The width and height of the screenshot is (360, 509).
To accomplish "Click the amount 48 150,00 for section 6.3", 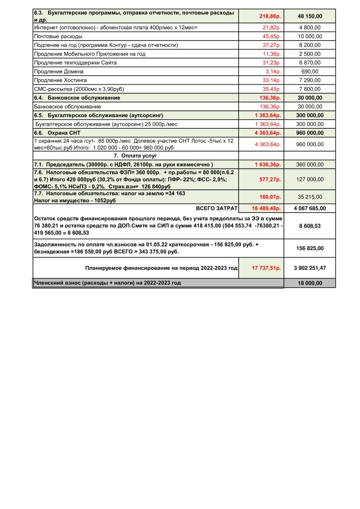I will (x=310, y=16).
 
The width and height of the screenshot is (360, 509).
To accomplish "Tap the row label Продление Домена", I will (x=58, y=71).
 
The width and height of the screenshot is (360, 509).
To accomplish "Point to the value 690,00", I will (x=310, y=71).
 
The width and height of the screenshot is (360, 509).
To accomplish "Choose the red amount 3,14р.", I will (x=273, y=71).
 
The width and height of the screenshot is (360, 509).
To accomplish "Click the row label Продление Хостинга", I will (x=60, y=80).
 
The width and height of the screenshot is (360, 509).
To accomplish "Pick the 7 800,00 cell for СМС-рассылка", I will (x=310, y=89).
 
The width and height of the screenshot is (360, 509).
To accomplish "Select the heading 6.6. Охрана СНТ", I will (x=57, y=133).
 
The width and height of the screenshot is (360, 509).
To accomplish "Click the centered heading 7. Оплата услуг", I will (x=136, y=156).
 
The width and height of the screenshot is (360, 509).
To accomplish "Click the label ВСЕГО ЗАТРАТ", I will (x=217, y=208).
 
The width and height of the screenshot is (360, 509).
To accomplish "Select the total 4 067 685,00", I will (x=310, y=208).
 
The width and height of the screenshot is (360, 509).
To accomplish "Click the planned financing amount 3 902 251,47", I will (x=310, y=268).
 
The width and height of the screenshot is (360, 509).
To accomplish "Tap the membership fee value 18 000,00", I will (x=310, y=283).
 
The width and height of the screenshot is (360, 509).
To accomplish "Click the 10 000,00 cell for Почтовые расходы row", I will (x=310, y=36).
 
